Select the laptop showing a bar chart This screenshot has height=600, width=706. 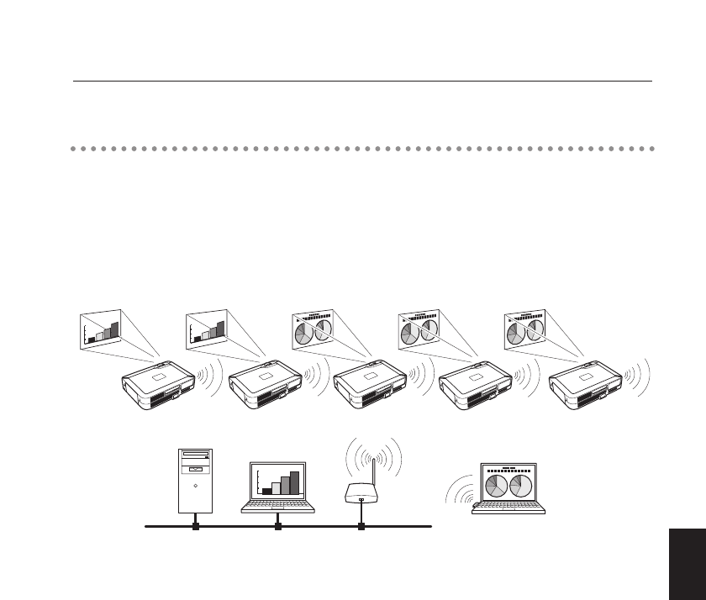pyautogui.click(x=277, y=487)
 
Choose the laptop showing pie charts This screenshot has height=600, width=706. pyautogui.click(x=507, y=489)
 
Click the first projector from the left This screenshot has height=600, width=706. pyautogui.click(x=155, y=386)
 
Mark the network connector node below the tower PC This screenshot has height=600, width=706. pyautogui.click(x=195, y=527)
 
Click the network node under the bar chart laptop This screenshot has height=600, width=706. pyautogui.click(x=277, y=527)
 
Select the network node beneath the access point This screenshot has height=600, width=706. pyautogui.click(x=361, y=527)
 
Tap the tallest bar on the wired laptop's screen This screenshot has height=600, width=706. pyautogui.click(x=294, y=482)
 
